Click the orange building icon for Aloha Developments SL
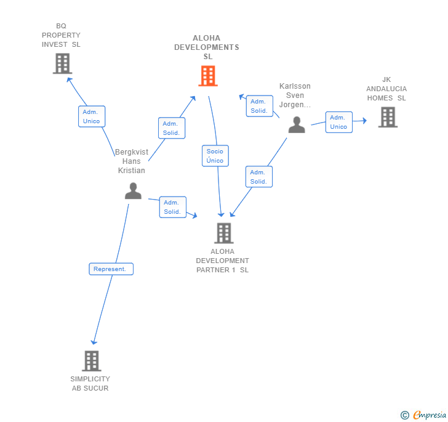click(208, 76)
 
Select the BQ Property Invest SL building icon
click(62, 63)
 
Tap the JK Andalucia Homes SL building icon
click(387, 117)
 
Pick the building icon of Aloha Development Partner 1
click(223, 233)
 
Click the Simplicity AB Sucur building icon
click(91, 360)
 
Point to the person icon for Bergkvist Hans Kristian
click(133, 191)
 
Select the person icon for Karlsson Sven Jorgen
click(297, 124)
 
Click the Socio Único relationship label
click(215, 156)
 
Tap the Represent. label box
click(111, 269)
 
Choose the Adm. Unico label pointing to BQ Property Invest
click(91, 116)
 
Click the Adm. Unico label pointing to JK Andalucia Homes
click(338, 122)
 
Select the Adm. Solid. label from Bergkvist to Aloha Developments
click(171, 128)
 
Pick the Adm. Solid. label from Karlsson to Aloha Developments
click(259, 106)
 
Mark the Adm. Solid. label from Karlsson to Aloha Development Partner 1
click(258, 177)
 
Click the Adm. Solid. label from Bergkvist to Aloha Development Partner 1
click(172, 207)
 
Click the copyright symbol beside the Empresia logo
click(405, 415)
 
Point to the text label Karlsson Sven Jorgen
click(295, 95)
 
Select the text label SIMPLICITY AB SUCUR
click(90, 383)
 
